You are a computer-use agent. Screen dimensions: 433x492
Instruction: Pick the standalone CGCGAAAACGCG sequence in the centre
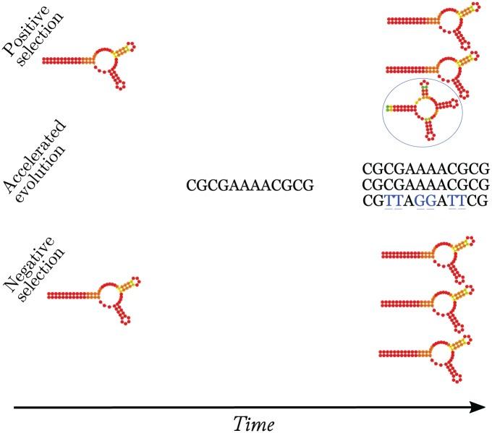pos(250,187)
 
